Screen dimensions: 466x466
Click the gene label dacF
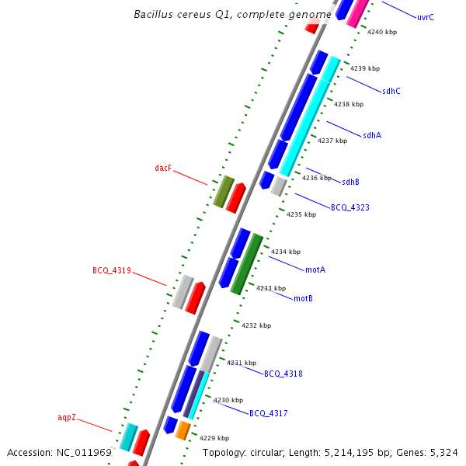point(163,168)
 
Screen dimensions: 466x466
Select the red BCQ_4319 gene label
point(112,271)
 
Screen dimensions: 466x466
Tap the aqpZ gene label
point(67,418)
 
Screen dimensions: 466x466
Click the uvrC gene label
point(426,17)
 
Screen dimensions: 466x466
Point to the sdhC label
point(391,91)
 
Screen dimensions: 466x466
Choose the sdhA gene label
point(372,135)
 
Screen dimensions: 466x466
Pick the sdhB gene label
point(351,182)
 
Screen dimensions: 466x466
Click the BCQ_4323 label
point(350,207)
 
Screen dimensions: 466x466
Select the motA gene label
point(315,270)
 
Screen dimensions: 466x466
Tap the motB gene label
point(304,298)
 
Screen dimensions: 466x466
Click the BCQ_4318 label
point(283,374)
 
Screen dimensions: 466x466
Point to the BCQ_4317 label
point(269,413)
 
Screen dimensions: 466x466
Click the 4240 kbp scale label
point(382,32)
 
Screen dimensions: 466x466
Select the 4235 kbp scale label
point(301,214)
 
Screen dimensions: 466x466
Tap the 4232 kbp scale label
point(256,325)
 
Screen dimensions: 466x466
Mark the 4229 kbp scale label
point(214,438)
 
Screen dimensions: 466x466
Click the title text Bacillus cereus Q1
point(190,14)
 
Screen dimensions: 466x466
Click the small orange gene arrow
point(183,429)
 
